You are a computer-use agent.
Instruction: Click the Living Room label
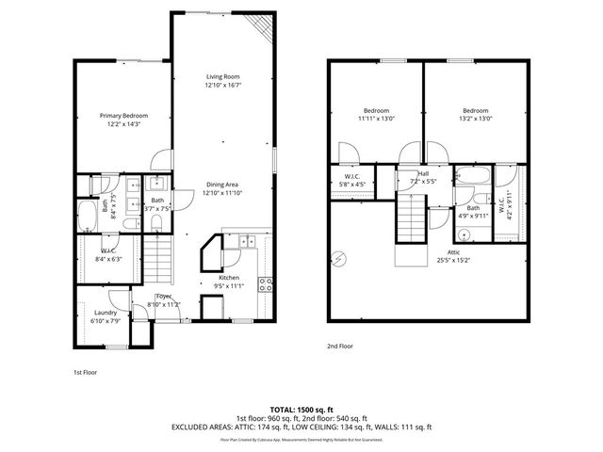(x=222, y=77)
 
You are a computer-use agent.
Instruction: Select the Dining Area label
(x=222, y=185)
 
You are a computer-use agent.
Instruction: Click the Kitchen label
(x=229, y=278)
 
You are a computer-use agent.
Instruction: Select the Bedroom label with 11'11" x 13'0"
(x=376, y=110)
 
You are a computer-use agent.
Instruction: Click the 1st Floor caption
(x=86, y=372)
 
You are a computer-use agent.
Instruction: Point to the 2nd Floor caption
(x=339, y=346)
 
